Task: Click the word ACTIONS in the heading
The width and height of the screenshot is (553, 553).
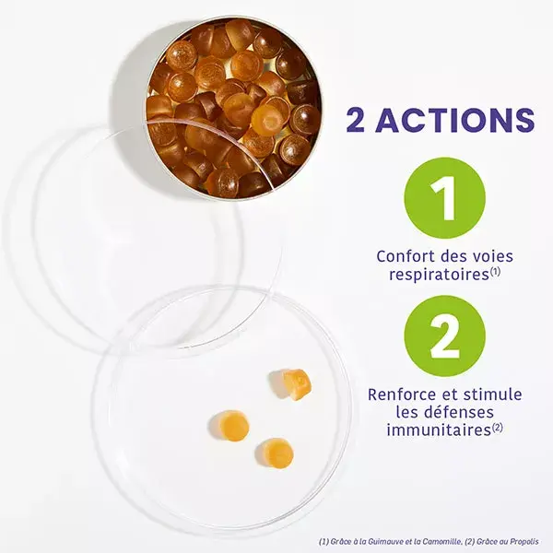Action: click(454, 120)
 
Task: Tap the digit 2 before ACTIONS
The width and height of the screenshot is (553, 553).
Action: click(356, 120)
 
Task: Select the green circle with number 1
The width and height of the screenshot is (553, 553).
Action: click(445, 198)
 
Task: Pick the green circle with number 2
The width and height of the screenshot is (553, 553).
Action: click(445, 336)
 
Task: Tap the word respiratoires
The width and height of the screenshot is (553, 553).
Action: click(439, 275)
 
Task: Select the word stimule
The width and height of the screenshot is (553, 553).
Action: click(493, 394)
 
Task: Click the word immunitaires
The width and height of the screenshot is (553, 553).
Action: click(439, 430)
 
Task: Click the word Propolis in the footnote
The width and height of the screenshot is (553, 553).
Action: click(525, 541)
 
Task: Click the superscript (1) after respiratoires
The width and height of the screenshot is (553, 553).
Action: click(495, 272)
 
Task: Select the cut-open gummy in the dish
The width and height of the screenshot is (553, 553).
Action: click(290, 382)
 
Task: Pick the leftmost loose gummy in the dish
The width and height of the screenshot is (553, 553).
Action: click(229, 426)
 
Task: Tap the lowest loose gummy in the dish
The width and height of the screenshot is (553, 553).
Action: click(275, 453)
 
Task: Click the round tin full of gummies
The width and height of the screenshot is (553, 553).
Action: click(234, 108)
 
